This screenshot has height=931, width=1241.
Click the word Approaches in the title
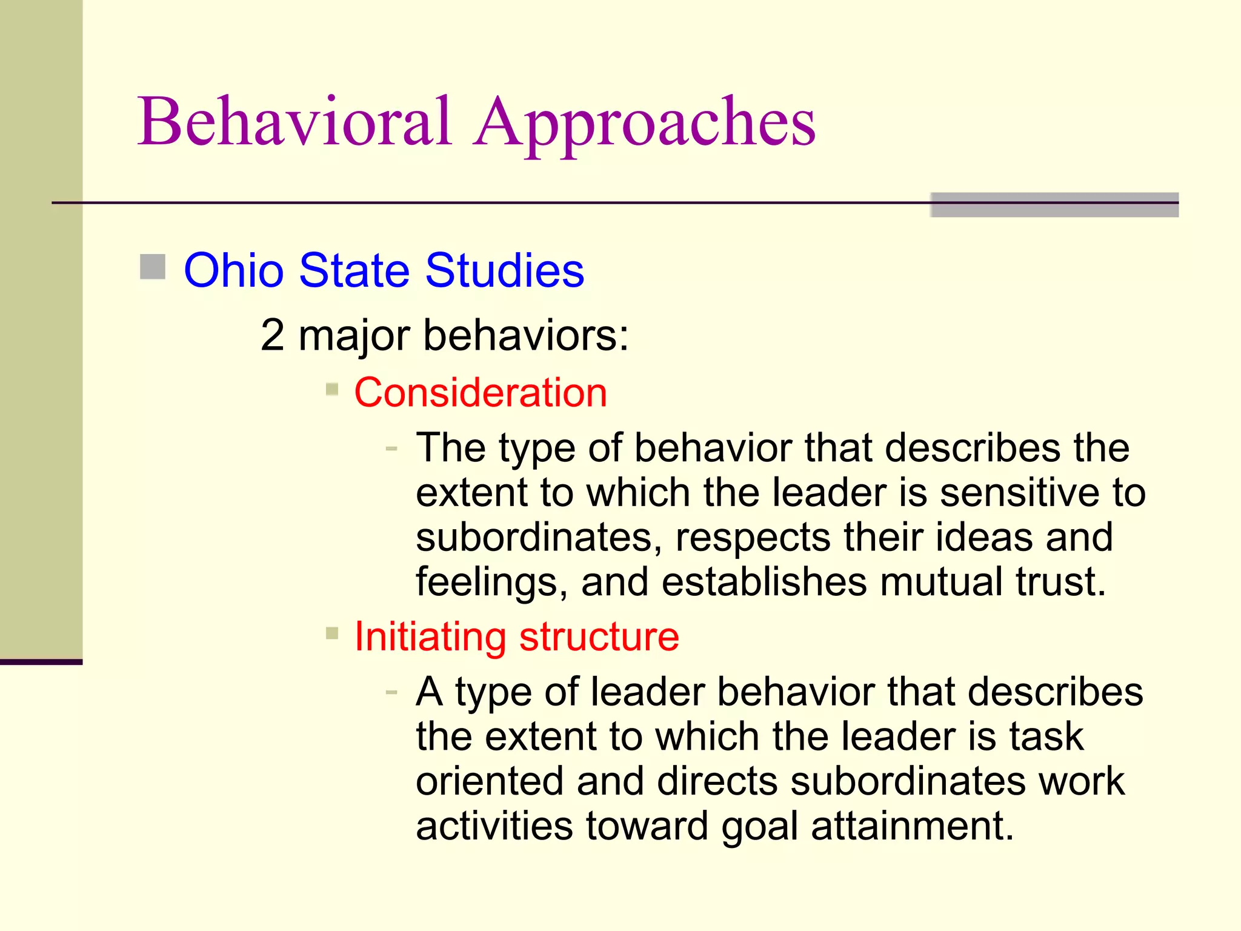[x=645, y=124]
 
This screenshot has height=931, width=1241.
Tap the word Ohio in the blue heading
[x=233, y=270]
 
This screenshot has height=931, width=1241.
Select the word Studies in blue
[x=504, y=270]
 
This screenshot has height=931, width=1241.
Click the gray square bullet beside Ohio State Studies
[x=153, y=267]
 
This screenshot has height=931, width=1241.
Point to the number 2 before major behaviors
[x=272, y=335]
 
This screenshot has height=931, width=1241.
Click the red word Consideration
[x=481, y=393]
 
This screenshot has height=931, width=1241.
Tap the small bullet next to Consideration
[x=332, y=389]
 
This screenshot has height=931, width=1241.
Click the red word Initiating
[x=430, y=637]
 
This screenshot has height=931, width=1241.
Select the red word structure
[x=599, y=637]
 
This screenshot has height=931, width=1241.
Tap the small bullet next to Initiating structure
[x=332, y=633]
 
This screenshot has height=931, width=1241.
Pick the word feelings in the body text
[x=491, y=583]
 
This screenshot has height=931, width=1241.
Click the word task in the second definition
[x=1046, y=736]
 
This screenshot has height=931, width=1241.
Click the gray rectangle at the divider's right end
[x=1054, y=205]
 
